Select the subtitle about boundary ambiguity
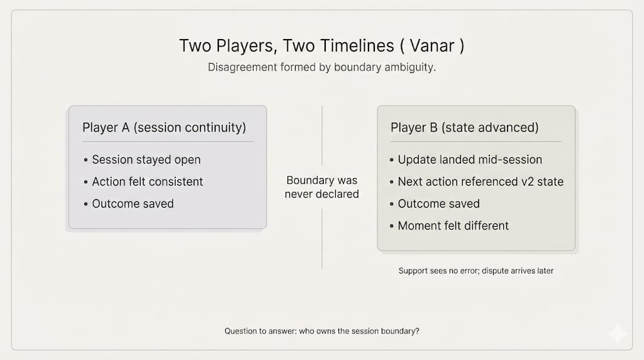[x=321, y=67]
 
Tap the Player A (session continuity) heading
[x=164, y=127]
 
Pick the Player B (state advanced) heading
[x=465, y=127]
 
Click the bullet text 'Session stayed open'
[x=146, y=159]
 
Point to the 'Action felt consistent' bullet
[x=147, y=182]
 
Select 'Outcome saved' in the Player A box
[x=133, y=203]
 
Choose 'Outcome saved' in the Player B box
[x=438, y=203]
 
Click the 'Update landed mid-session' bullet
[x=470, y=159]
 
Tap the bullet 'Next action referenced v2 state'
[x=480, y=182]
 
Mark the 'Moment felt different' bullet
[x=453, y=225]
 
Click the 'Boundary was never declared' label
[x=321, y=187]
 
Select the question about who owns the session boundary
[x=321, y=331]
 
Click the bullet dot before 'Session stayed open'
[x=86, y=160]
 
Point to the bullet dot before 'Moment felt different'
[x=391, y=226]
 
